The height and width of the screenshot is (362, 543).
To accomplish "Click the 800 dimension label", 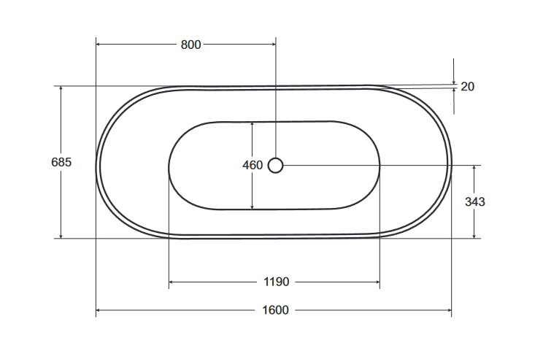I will point(190,45).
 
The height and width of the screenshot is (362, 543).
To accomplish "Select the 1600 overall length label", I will point(275,310).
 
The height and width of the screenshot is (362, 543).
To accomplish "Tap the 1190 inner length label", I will point(277,282).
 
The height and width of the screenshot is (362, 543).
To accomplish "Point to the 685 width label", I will point(61,162).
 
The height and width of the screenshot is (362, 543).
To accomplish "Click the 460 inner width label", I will point(252,166).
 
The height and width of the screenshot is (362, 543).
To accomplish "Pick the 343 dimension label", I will point(475,201).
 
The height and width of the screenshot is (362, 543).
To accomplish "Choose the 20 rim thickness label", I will point(468,87).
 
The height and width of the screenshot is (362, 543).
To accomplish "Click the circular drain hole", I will point(275,166).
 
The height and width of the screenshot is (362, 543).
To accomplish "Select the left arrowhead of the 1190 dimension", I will point(172,282).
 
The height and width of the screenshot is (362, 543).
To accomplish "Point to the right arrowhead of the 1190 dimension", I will point(377,282).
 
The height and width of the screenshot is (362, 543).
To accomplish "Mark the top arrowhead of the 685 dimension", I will point(61,89).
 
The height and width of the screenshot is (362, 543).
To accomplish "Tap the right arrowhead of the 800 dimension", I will point(272,45).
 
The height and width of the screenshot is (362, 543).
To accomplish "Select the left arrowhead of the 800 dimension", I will point(99,45).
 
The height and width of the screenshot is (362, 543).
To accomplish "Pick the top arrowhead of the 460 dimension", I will point(252,124).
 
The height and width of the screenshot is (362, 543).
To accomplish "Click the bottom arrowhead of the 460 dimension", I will point(252,207).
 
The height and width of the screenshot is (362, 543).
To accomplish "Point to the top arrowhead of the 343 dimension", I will point(475,169).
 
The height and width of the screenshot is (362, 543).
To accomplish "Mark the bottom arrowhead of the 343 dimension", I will point(475,235).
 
